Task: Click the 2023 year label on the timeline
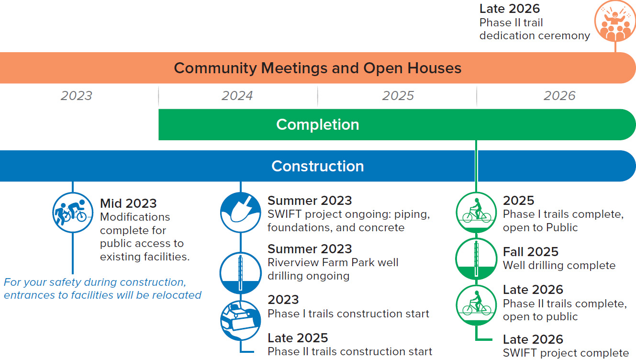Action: (x=77, y=96)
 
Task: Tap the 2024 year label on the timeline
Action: (x=237, y=96)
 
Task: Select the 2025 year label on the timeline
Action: (x=398, y=96)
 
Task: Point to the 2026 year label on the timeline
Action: (x=559, y=96)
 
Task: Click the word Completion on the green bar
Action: (x=318, y=124)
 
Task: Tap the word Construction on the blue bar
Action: (x=318, y=166)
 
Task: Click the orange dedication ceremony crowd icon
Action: (x=615, y=21)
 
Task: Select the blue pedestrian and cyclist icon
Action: (x=73, y=213)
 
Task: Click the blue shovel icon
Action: (x=241, y=213)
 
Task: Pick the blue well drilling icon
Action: (x=241, y=273)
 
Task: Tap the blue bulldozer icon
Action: (x=241, y=320)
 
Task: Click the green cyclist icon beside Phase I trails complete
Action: (x=477, y=213)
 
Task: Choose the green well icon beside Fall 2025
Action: (x=477, y=259)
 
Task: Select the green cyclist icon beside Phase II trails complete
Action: (x=477, y=305)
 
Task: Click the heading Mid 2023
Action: (x=128, y=203)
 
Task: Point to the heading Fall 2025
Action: (x=530, y=252)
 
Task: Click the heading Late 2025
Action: (x=298, y=338)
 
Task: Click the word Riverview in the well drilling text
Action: (x=290, y=262)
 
